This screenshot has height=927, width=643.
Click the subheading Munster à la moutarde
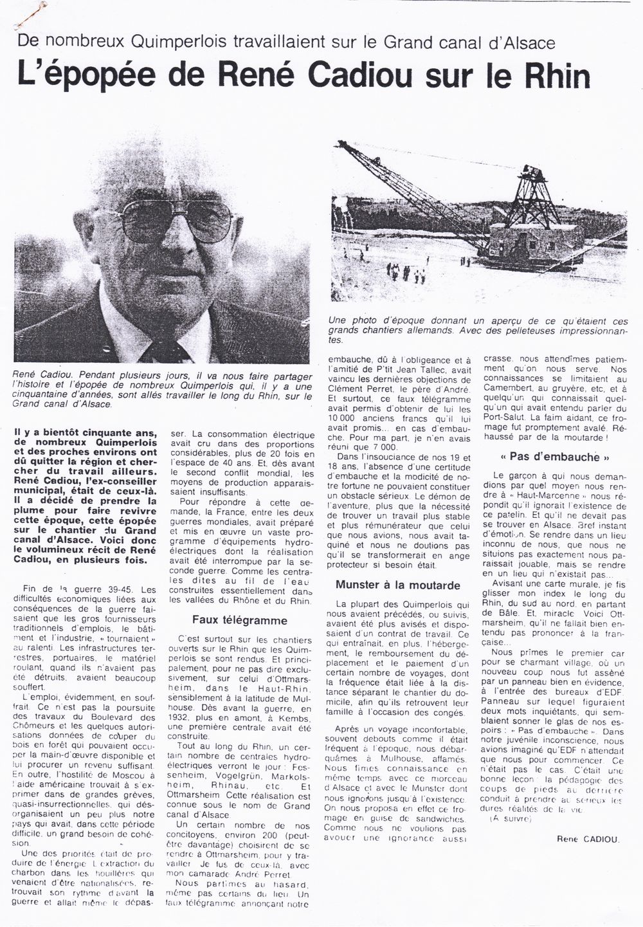click(397, 585)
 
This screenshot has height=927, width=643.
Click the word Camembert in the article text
click(516, 398)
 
